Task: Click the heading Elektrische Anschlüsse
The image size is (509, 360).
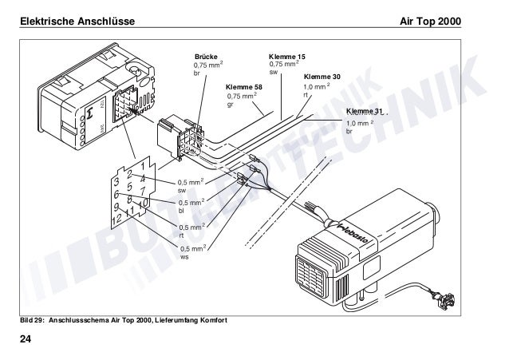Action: point(70,18)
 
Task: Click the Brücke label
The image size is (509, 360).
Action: point(206,57)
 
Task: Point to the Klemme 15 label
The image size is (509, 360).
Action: point(286,57)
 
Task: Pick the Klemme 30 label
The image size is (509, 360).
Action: point(322,76)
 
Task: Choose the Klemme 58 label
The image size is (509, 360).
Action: point(244,86)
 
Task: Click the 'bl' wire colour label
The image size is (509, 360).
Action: point(181,212)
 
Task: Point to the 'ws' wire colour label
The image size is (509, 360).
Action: point(183,257)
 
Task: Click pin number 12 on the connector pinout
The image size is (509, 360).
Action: point(117,219)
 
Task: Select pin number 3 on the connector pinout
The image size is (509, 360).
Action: point(116,181)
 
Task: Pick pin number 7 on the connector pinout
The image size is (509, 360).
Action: point(142,192)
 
